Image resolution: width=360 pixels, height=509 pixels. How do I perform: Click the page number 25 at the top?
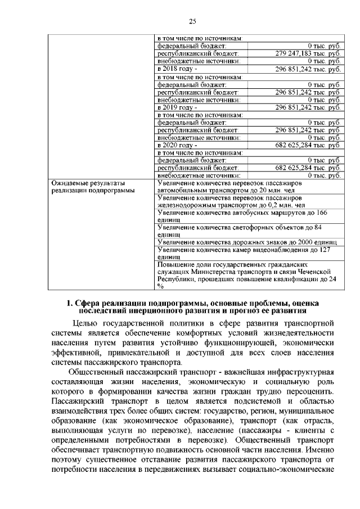pos(192,21)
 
